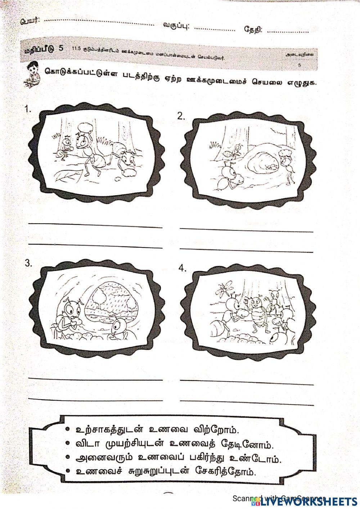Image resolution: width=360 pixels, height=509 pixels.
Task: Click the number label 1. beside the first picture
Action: [28, 110]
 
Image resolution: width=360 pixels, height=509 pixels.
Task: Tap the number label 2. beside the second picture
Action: [181, 116]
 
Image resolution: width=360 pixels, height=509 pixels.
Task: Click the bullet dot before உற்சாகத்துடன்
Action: [67, 429]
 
